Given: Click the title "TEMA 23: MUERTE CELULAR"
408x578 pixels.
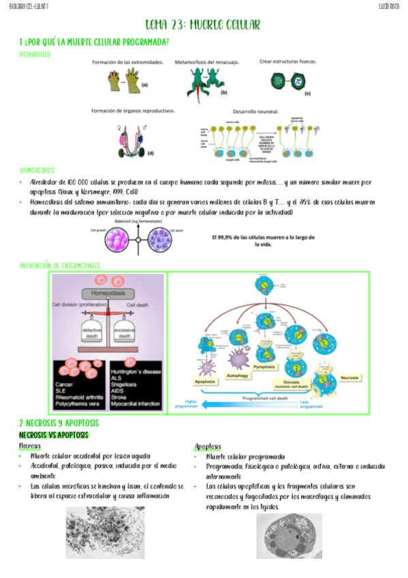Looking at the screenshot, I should tap(203, 25).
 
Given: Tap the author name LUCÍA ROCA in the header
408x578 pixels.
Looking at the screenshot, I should tap(391, 6).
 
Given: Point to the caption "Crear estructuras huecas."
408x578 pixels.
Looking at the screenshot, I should tap(287, 61).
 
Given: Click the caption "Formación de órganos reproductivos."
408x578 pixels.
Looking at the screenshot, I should tap(133, 110).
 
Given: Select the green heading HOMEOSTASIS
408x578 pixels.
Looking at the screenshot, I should tap(37, 170).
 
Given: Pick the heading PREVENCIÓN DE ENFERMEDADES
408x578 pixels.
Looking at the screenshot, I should tap(60, 265).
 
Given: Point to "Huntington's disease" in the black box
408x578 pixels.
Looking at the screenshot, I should tap(136, 371).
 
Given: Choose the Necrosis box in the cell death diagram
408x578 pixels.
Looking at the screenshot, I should tap(350, 377).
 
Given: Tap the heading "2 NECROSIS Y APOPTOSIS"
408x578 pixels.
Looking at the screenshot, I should tap(59, 423).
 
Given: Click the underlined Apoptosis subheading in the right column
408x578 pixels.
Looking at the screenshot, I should tap(208, 446).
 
